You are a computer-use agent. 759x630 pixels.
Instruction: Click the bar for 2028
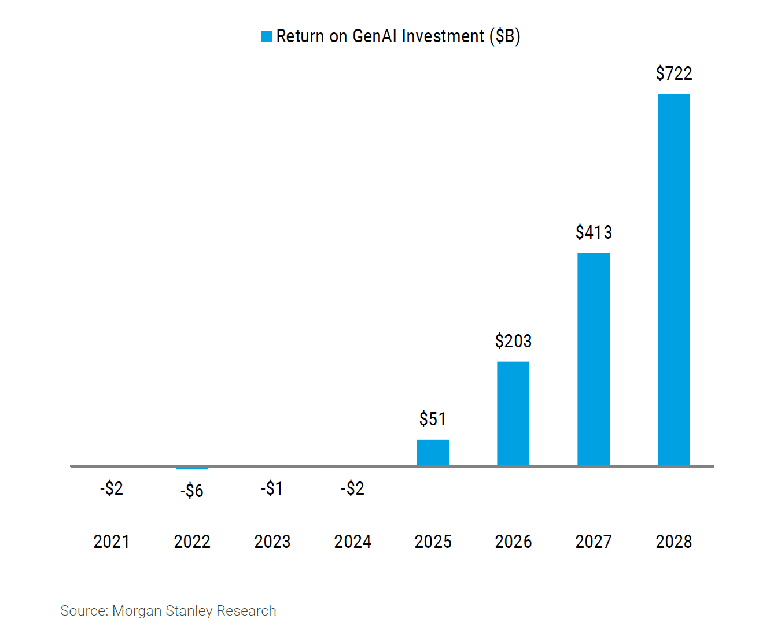[x=673, y=279]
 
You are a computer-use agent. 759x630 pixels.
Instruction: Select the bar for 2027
[x=593, y=359]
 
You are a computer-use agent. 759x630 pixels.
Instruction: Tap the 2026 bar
[x=513, y=413]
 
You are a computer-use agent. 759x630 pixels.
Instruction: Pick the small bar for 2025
[x=433, y=453]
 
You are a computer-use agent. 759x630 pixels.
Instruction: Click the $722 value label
[x=673, y=74]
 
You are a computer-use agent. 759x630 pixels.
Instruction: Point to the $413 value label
[x=594, y=232]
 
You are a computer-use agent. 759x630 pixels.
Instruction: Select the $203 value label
[x=513, y=342]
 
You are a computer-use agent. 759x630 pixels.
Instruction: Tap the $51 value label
[x=433, y=419]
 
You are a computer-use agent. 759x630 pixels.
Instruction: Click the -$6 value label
[x=191, y=491]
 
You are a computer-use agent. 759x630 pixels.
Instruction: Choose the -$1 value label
[x=272, y=488]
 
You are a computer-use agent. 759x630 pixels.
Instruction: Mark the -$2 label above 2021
[x=112, y=488]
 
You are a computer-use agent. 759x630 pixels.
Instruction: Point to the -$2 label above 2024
[x=352, y=488]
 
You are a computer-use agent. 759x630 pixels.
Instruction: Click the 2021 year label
[x=112, y=542]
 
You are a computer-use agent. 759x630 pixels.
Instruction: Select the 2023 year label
[x=272, y=542]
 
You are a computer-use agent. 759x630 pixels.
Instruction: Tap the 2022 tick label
[x=192, y=542]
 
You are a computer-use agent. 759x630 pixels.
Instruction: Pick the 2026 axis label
[x=513, y=542]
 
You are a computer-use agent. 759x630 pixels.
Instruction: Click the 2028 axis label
[x=673, y=542]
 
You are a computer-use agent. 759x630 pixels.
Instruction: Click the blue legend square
[x=266, y=36]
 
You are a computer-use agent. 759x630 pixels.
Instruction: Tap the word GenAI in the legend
[x=374, y=36]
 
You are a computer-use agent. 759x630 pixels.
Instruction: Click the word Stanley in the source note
[x=189, y=611]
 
